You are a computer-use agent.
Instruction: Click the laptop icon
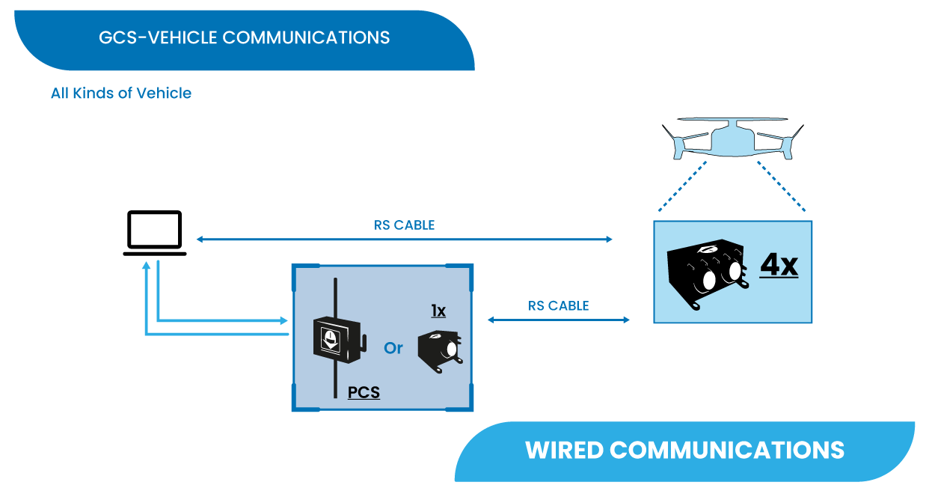pyautogui.click(x=154, y=233)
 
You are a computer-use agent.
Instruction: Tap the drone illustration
pyautogui.click(x=732, y=136)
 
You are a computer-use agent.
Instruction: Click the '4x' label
pyautogui.click(x=779, y=266)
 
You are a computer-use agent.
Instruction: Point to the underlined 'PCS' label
pyautogui.click(x=364, y=392)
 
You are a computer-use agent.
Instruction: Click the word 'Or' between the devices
pyautogui.click(x=393, y=348)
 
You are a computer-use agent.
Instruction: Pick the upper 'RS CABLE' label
pyautogui.click(x=404, y=225)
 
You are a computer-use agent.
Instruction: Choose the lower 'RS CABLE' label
pyautogui.click(x=558, y=305)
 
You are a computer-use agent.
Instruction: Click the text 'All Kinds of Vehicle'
pyautogui.click(x=121, y=94)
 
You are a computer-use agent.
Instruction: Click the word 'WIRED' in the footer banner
pyautogui.click(x=564, y=450)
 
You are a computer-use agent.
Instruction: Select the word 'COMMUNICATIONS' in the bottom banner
pyautogui.click(x=727, y=450)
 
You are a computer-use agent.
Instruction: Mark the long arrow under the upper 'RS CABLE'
pyautogui.click(x=404, y=240)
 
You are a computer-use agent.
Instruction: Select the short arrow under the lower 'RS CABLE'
pyautogui.click(x=558, y=320)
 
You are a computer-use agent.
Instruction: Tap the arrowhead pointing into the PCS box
pyautogui.click(x=283, y=320)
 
